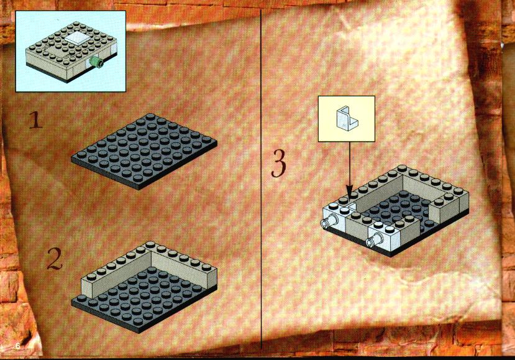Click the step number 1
[35, 120]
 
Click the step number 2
[55, 259]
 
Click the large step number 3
[279, 164]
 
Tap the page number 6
[18, 346]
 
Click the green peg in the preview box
[96, 62]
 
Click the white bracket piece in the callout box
[347, 118]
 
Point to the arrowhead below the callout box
[350, 192]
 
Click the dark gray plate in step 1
[144, 151]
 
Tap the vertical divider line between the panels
[261, 179]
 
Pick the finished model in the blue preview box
[71, 52]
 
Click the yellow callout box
[347, 119]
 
